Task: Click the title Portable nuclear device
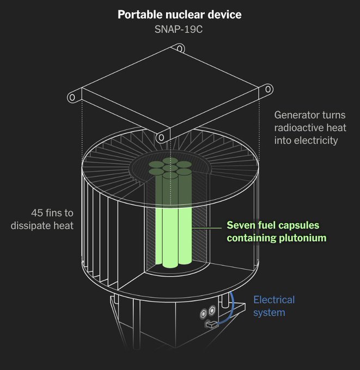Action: pyautogui.click(x=180, y=15)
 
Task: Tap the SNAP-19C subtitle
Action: pyautogui.click(x=179, y=29)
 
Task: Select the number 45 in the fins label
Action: pyautogui.click(x=37, y=213)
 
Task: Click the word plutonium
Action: pyautogui.click(x=303, y=238)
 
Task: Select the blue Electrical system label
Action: pyautogui.click(x=274, y=306)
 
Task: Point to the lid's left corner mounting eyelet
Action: pyautogui.click(x=72, y=97)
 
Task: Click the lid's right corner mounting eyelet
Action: pyautogui.click(x=268, y=89)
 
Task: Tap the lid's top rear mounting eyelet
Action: pyautogui.click(x=180, y=48)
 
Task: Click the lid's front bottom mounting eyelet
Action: pyautogui.click(x=161, y=138)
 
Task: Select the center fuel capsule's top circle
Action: pyautogui.click(x=170, y=168)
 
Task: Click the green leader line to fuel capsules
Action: pyautogui.click(x=206, y=228)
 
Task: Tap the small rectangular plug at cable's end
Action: pyautogui.click(x=211, y=324)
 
